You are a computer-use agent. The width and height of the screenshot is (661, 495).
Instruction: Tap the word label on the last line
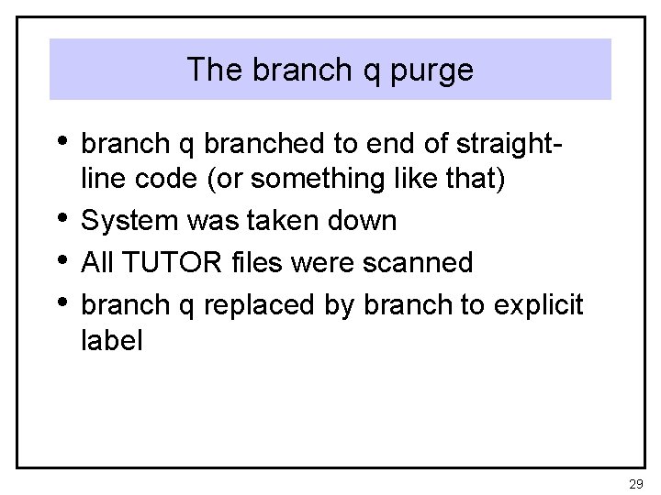coord(111,341)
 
